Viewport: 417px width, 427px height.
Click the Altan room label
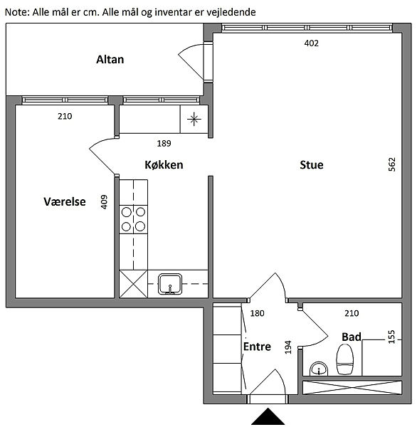[x=110, y=59]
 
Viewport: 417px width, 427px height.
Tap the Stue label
[x=311, y=165]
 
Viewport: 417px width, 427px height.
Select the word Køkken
[x=164, y=165]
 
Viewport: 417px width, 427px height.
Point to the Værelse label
[x=65, y=201]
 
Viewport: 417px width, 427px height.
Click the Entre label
[x=257, y=347]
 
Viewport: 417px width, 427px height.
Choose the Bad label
[x=352, y=337]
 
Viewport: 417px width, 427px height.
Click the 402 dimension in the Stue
[x=311, y=43]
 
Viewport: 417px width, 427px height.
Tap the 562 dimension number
[x=391, y=164]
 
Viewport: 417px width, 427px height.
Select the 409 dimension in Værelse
[x=104, y=202]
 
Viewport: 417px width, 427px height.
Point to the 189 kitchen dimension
[x=164, y=143]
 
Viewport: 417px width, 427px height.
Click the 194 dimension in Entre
[x=288, y=347]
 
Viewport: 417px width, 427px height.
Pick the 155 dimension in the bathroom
[x=391, y=337]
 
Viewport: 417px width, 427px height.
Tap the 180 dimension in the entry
[x=257, y=313]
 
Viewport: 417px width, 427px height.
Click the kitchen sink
[x=170, y=284]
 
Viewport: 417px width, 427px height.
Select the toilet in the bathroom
[x=345, y=359]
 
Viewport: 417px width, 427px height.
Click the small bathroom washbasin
[x=319, y=369]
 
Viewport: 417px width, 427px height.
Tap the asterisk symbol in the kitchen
[x=194, y=119]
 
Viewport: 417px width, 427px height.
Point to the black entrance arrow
[x=268, y=416]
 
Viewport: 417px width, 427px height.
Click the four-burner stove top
[x=134, y=219]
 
